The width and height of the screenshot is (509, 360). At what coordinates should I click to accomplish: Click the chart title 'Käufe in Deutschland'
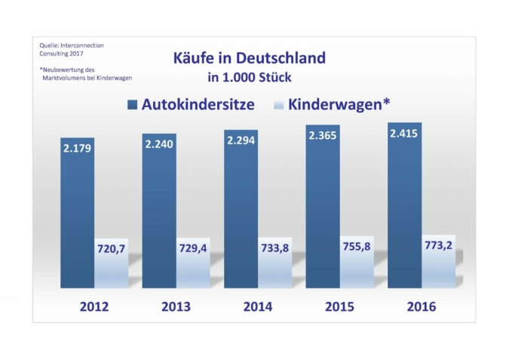pos(249,58)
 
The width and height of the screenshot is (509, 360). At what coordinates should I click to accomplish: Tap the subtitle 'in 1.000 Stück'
pos(250,76)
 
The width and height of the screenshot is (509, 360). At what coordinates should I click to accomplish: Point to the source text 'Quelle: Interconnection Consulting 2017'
pos(72,50)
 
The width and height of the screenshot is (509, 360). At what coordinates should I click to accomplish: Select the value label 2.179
pos(77,149)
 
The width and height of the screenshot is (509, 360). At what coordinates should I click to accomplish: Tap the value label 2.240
pos(160,144)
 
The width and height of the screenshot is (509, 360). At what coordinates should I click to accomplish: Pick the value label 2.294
pos(241,140)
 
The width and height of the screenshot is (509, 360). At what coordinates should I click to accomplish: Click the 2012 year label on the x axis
pos(94,307)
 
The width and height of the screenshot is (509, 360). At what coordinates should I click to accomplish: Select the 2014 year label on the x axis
pos(257,307)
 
